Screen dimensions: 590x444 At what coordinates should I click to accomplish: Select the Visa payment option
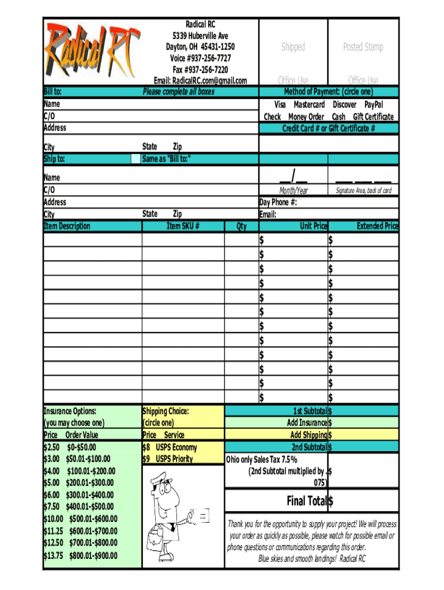pos(280,105)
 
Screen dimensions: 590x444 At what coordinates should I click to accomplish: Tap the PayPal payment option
pos(373,105)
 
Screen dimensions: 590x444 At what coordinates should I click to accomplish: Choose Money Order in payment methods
pos(306,116)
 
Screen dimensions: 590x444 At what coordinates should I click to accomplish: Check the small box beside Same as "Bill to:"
pos(136,159)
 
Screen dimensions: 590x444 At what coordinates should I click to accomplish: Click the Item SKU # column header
pos(183,226)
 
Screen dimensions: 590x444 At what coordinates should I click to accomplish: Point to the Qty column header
pos(242,226)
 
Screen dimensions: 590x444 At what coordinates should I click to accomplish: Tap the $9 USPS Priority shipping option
pos(168,459)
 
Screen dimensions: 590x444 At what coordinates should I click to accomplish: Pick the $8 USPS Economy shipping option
pos(170,447)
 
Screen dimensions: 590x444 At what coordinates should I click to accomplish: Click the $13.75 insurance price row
pos(80,555)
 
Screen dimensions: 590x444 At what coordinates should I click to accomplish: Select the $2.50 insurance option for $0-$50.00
pos(70,447)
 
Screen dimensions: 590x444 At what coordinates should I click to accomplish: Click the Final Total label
pos(307,501)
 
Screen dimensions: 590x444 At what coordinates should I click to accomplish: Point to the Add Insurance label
pos(307,423)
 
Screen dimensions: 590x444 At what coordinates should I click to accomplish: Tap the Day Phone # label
pos(279,202)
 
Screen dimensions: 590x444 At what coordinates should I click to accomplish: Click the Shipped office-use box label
pos(293,47)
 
